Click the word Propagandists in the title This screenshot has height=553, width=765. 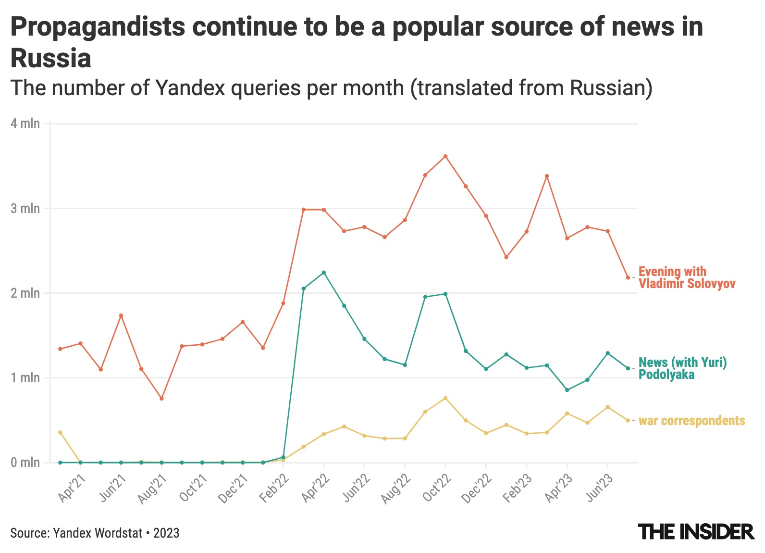[97, 27]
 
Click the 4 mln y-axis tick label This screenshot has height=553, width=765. [25, 124]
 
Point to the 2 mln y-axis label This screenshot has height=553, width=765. [25, 293]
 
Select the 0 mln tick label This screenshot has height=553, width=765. [25, 463]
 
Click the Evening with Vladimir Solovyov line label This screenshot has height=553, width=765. [686, 277]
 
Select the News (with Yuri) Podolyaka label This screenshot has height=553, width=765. [682, 368]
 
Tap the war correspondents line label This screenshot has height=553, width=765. [691, 421]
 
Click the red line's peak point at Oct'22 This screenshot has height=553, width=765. [445, 156]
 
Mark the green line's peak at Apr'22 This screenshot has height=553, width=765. [324, 273]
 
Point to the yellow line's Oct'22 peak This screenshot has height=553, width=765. [445, 398]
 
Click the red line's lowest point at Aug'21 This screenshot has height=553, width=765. [161, 399]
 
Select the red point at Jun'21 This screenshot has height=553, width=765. [121, 315]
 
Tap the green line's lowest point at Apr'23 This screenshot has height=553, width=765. [567, 390]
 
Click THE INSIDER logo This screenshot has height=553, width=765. [696, 532]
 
